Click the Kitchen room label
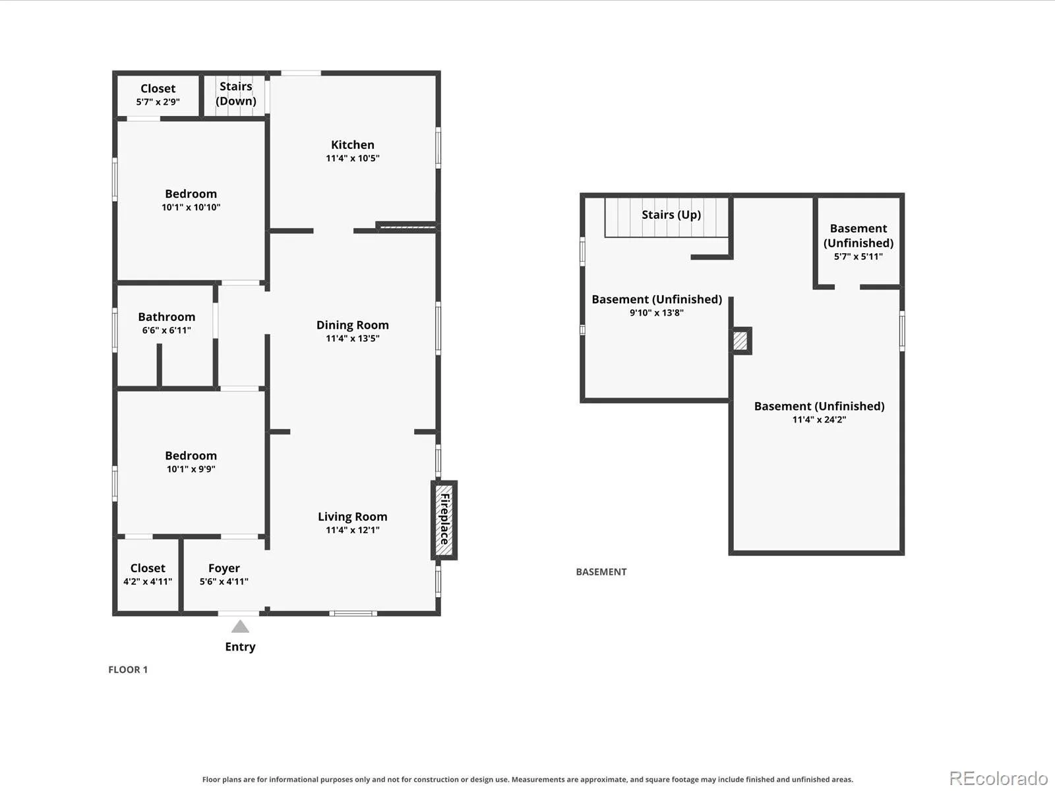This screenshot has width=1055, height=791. tap(352, 144)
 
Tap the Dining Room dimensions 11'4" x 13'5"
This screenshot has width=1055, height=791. tap(352, 338)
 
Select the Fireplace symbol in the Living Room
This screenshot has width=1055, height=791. tap(444, 520)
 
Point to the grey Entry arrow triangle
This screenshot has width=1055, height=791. tap(240, 626)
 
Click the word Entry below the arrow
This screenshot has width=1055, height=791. tap(240, 647)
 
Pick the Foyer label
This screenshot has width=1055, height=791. tap(224, 568)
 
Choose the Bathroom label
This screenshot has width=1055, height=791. tap(167, 317)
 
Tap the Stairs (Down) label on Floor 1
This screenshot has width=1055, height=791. tap(235, 94)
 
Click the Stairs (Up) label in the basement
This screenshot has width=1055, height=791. tap(671, 215)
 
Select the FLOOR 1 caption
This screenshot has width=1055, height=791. tap(128, 670)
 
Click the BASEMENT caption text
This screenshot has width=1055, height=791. tap(601, 571)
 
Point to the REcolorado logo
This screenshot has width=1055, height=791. tap(998, 778)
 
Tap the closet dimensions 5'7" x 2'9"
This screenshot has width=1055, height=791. tap(158, 102)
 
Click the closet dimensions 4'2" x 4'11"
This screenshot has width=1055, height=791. tap(148, 581)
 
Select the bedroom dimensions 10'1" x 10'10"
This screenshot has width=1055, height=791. tap(191, 207)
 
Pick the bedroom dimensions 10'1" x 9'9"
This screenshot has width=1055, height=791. tap(191, 469)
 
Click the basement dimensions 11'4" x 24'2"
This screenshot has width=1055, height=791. tap(819, 419)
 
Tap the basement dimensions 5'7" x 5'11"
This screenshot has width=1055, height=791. tap(858, 256)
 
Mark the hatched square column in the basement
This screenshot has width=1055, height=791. tap(740, 341)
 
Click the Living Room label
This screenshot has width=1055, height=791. tap(352, 517)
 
